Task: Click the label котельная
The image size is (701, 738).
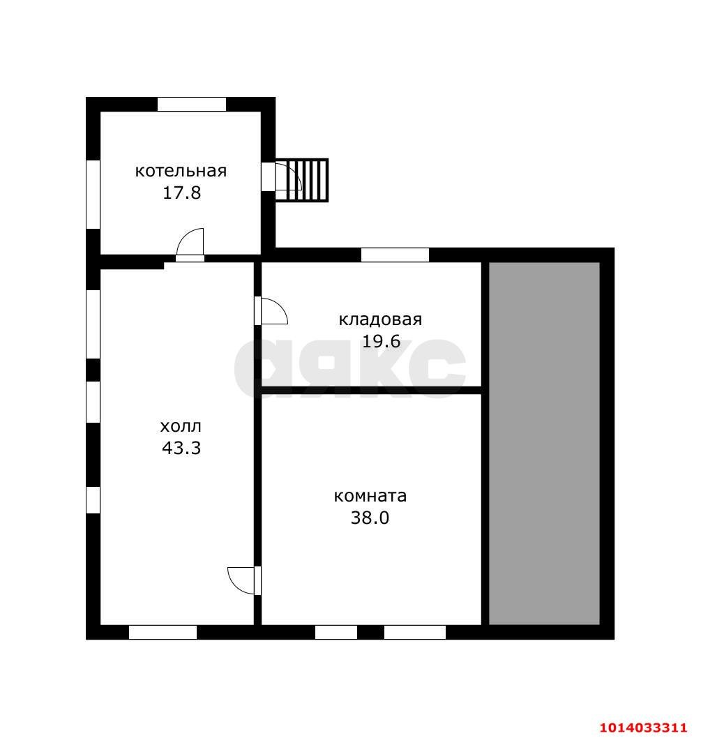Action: tap(181, 171)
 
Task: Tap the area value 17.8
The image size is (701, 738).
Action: tap(182, 193)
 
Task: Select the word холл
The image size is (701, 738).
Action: tap(181, 426)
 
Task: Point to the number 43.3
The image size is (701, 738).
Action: tap(181, 448)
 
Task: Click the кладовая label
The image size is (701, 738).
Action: tap(380, 319)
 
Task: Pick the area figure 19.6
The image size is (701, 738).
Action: tap(381, 341)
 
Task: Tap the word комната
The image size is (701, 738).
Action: tap(370, 496)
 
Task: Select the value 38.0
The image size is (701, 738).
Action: tap(370, 518)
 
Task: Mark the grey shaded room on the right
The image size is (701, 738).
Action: tap(544, 444)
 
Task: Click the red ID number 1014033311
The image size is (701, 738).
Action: tap(643, 727)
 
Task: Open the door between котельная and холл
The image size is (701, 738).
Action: tap(190, 245)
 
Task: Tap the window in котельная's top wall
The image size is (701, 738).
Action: tap(192, 104)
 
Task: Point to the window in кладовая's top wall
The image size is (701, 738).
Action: tap(395, 255)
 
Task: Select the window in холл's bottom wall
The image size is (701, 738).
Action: tap(163, 632)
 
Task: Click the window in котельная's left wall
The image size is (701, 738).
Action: tap(93, 195)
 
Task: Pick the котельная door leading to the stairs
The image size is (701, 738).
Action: tap(282, 176)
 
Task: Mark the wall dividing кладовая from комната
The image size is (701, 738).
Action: tap(372, 390)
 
